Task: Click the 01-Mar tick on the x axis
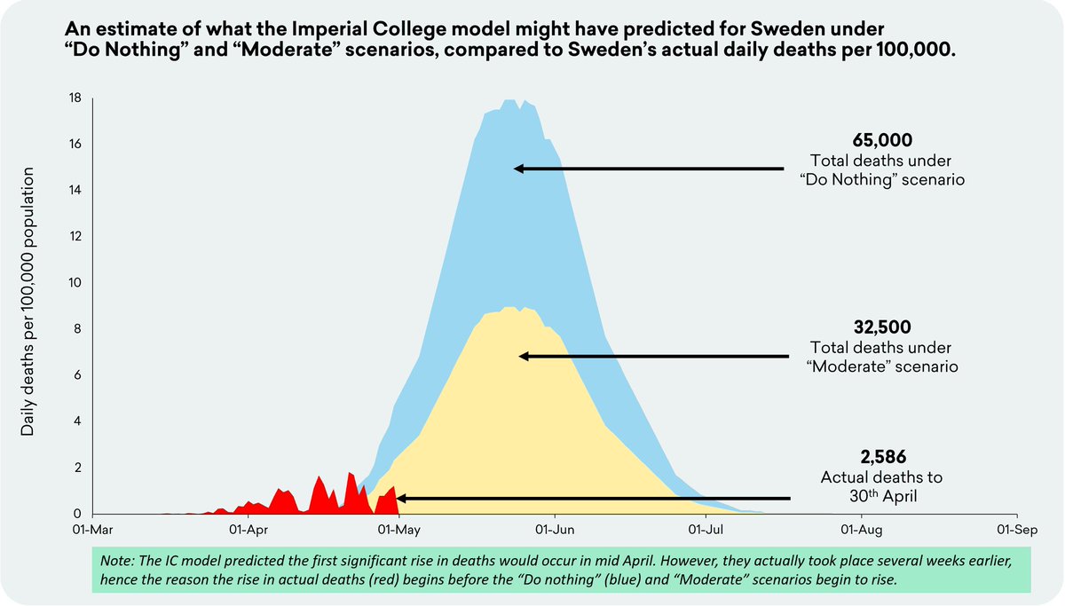point(93,529)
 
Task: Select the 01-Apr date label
point(248,529)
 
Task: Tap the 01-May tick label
point(399,529)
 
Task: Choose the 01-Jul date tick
point(706,529)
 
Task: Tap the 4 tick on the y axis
point(79,421)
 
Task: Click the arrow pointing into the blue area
point(648,168)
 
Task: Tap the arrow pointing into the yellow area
point(651,356)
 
